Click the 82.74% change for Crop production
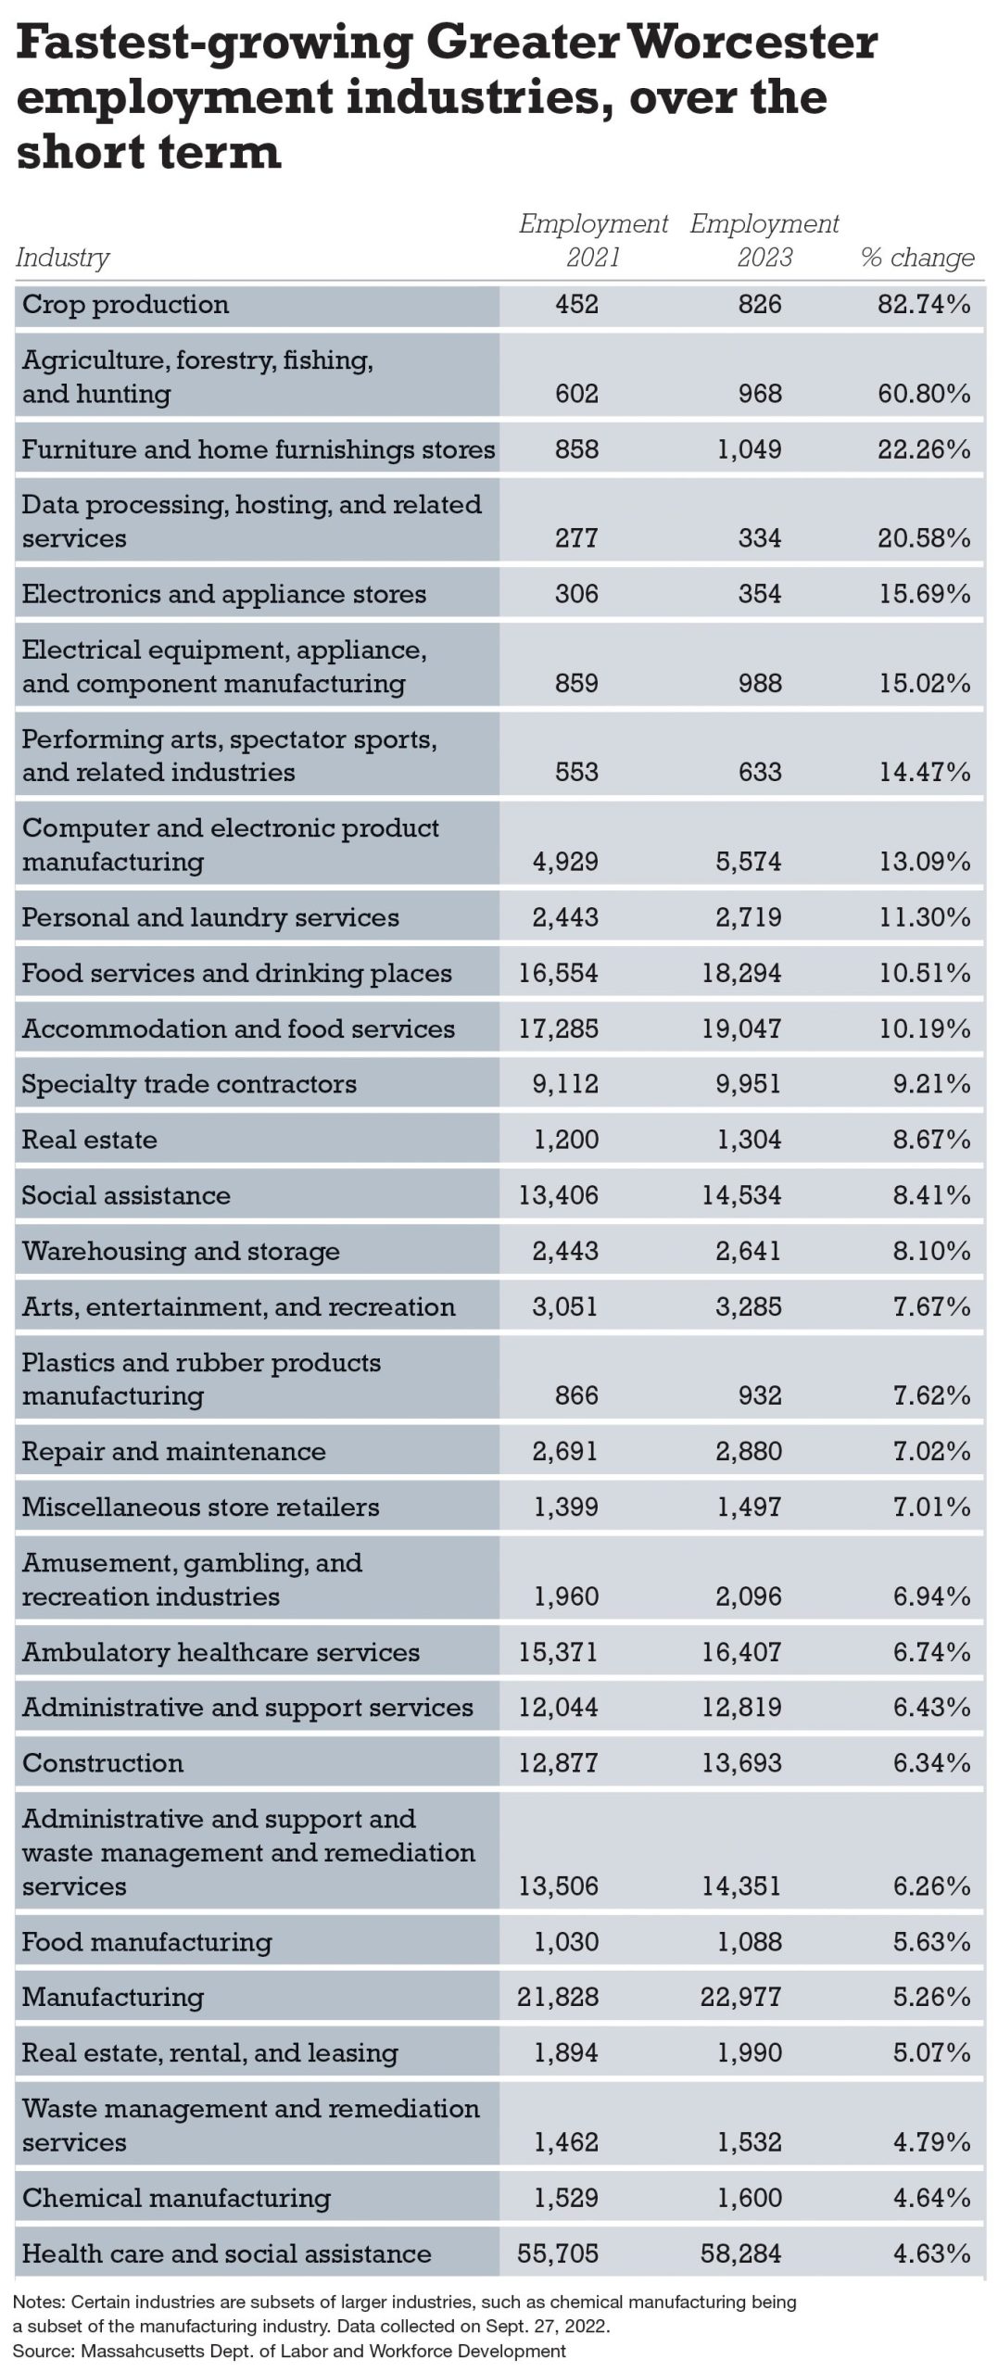click(924, 305)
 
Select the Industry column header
click(62, 258)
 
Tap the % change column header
click(917, 258)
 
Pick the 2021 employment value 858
click(576, 450)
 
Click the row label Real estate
click(90, 1140)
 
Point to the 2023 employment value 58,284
click(741, 2253)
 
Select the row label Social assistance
click(126, 1195)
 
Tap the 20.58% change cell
click(924, 538)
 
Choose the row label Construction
click(103, 1762)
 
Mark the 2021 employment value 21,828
click(558, 1997)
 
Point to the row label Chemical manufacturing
click(176, 2198)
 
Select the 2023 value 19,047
click(741, 1028)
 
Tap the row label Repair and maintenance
click(174, 1451)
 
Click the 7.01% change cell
click(931, 1507)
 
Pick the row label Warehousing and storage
click(181, 1251)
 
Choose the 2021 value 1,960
click(565, 1596)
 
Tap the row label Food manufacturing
click(147, 1941)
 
